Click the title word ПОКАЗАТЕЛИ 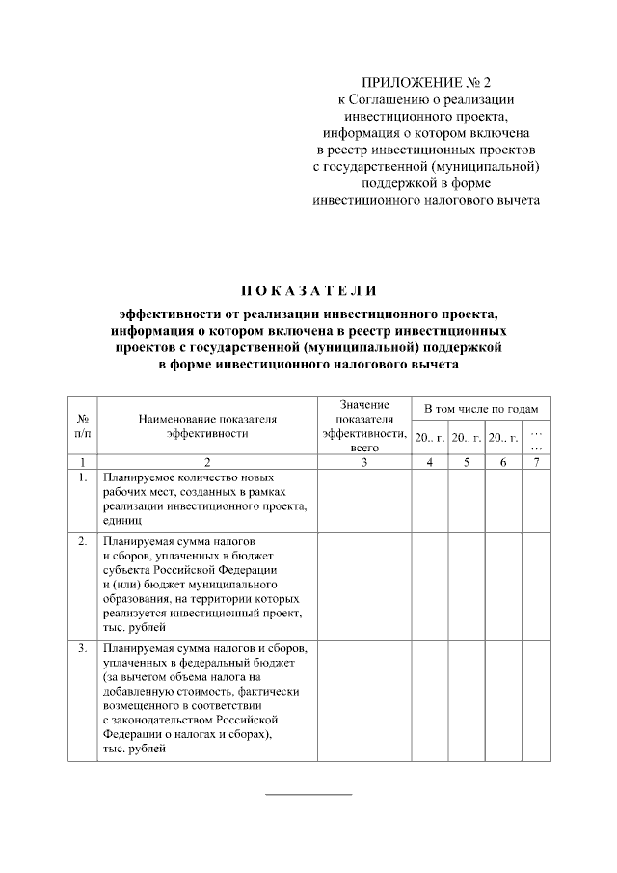tap(308, 290)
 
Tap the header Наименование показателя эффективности tap(207, 426)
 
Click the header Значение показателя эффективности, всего tap(363, 425)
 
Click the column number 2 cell tap(207, 463)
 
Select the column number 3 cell tap(363, 463)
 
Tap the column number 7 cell tap(537, 463)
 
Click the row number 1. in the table tap(83, 477)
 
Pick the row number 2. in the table tap(83, 541)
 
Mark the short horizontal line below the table tap(308, 794)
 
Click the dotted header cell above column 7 tap(537, 438)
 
